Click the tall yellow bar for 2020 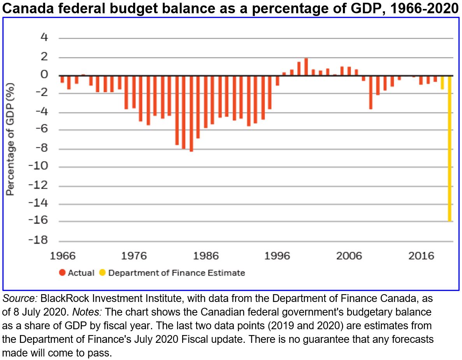click(450, 148)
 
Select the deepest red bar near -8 click(191, 113)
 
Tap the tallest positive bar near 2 click(306, 67)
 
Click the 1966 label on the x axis click(63, 256)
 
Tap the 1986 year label click(206, 256)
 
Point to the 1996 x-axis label click(278, 256)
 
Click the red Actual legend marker click(62, 273)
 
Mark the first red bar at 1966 click(62, 79)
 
